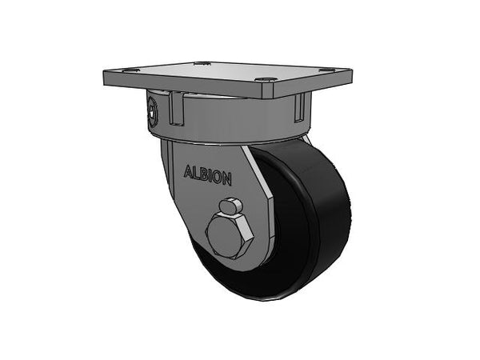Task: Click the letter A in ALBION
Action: click(189, 172)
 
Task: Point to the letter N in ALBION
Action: click(226, 179)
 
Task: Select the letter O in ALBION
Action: click(216, 177)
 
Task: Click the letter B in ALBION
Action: click(204, 174)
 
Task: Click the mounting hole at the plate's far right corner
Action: click(328, 70)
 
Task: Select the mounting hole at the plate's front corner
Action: click(264, 80)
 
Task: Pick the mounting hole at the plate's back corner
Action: click(202, 63)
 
